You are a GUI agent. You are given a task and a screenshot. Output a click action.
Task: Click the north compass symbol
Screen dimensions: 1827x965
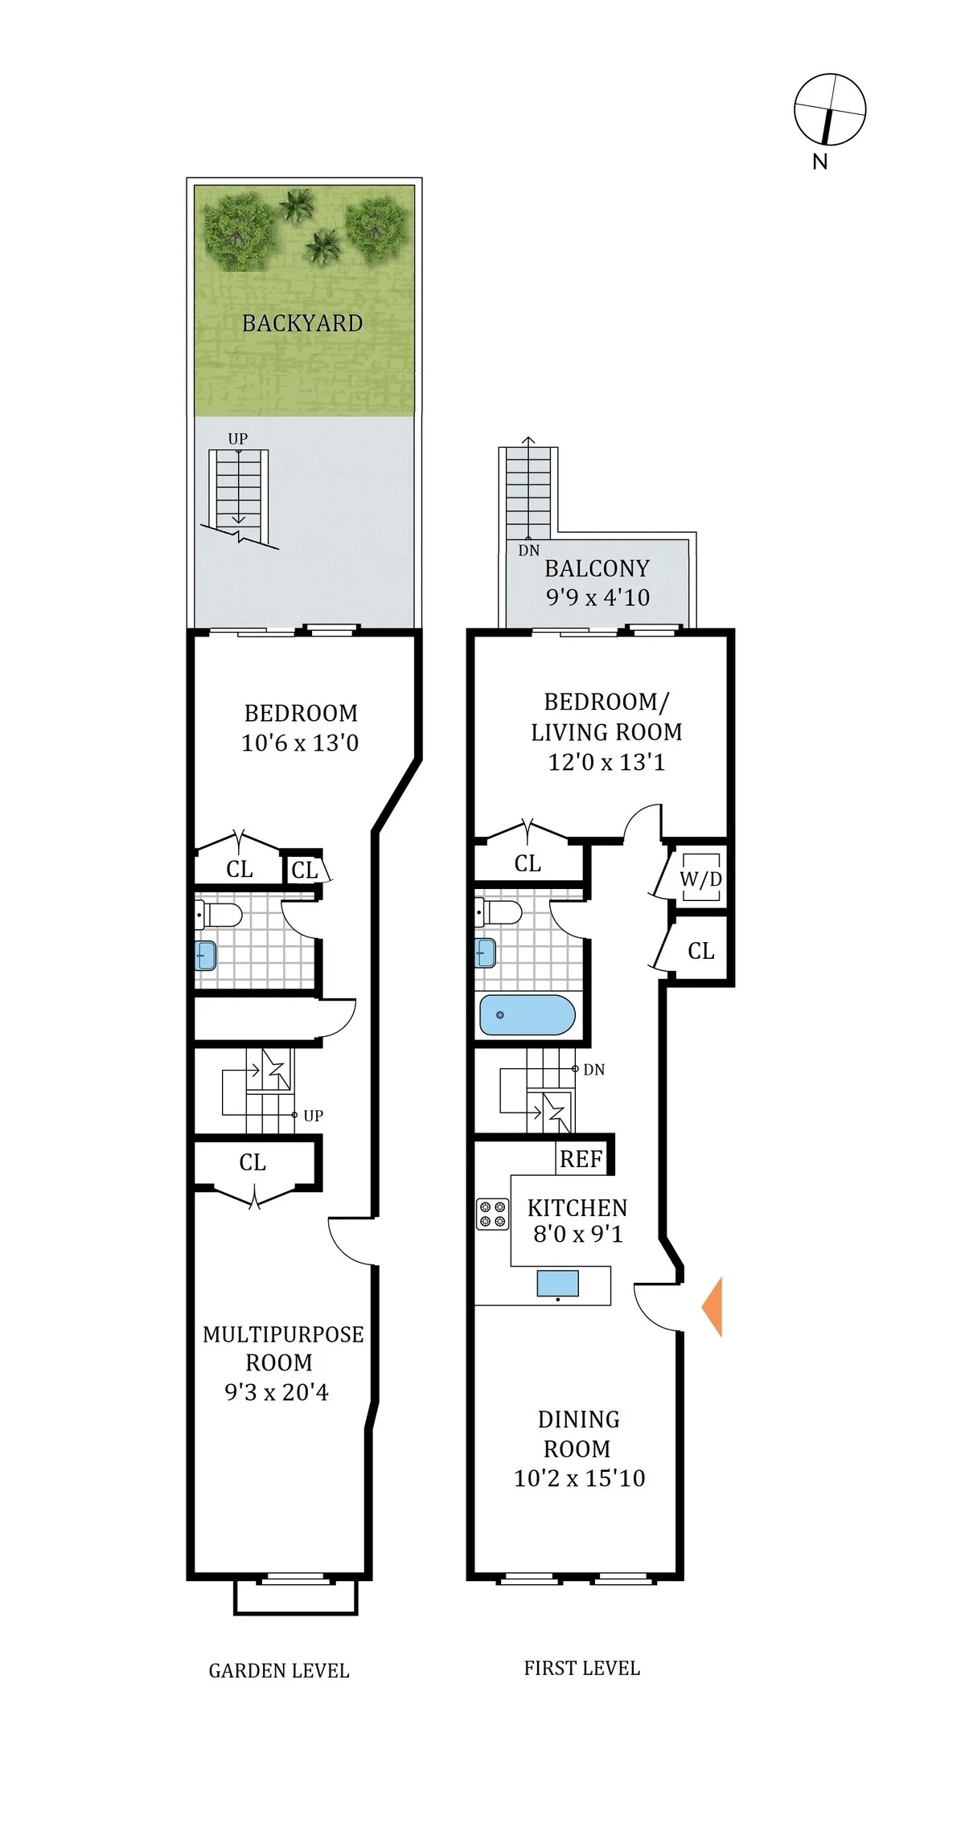tap(829, 111)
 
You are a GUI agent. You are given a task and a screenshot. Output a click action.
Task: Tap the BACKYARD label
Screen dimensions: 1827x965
tap(302, 323)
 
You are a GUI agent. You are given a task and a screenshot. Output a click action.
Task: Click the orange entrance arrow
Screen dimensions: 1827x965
tap(713, 1306)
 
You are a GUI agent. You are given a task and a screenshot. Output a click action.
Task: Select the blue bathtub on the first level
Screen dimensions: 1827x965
tap(527, 1015)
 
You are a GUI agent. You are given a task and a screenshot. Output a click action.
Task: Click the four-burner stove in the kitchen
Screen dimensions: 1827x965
tap(492, 1215)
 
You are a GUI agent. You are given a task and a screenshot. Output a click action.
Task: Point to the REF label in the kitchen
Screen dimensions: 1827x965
tap(581, 1159)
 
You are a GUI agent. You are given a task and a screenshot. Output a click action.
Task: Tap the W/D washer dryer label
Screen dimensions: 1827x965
tap(700, 879)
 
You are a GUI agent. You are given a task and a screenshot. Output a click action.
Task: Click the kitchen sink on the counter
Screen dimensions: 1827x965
tap(557, 1283)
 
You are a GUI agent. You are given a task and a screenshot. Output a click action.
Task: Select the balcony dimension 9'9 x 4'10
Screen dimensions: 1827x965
tap(597, 597)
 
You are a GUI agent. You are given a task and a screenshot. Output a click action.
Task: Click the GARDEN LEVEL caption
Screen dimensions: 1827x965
tap(279, 1671)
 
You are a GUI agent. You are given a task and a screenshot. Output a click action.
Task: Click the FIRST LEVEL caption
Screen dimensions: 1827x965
tap(581, 1669)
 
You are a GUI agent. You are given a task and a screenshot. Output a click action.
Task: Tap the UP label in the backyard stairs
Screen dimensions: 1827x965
tap(237, 439)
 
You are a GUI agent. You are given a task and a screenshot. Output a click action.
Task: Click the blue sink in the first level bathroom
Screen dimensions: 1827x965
tap(485, 953)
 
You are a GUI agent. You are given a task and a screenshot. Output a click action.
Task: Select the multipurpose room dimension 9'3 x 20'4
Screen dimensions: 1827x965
tap(276, 1392)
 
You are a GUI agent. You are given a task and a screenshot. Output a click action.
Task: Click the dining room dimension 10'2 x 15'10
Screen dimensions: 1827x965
tap(579, 1478)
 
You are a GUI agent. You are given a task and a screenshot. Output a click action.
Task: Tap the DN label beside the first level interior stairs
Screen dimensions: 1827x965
tap(593, 1070)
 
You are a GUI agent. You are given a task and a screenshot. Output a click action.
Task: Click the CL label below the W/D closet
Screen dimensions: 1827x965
tap(700, 951)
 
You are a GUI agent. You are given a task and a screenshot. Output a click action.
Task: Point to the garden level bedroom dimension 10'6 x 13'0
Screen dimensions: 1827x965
tap(300, 743)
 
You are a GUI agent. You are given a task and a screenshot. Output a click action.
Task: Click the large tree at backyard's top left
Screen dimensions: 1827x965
tap(238, 231)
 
